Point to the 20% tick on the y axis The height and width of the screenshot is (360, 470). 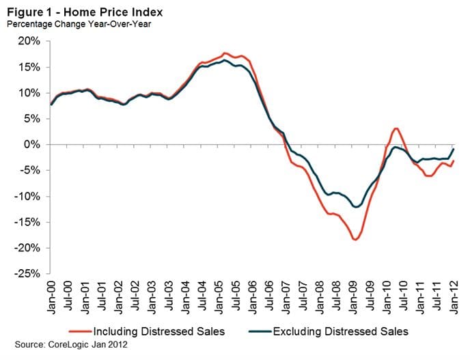point(30,41)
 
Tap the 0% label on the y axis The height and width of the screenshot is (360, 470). point(33,145)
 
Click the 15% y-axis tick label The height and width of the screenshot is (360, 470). point(30,67)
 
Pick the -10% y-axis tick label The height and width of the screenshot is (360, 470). point(28,197)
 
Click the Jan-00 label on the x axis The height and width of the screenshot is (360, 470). point(53,296)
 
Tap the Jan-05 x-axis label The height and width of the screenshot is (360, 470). point(221,296)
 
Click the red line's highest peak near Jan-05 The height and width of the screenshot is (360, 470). point(224,53)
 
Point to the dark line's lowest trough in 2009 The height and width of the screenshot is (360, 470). point(355,207)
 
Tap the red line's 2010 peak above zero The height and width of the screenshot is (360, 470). point(396,128)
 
